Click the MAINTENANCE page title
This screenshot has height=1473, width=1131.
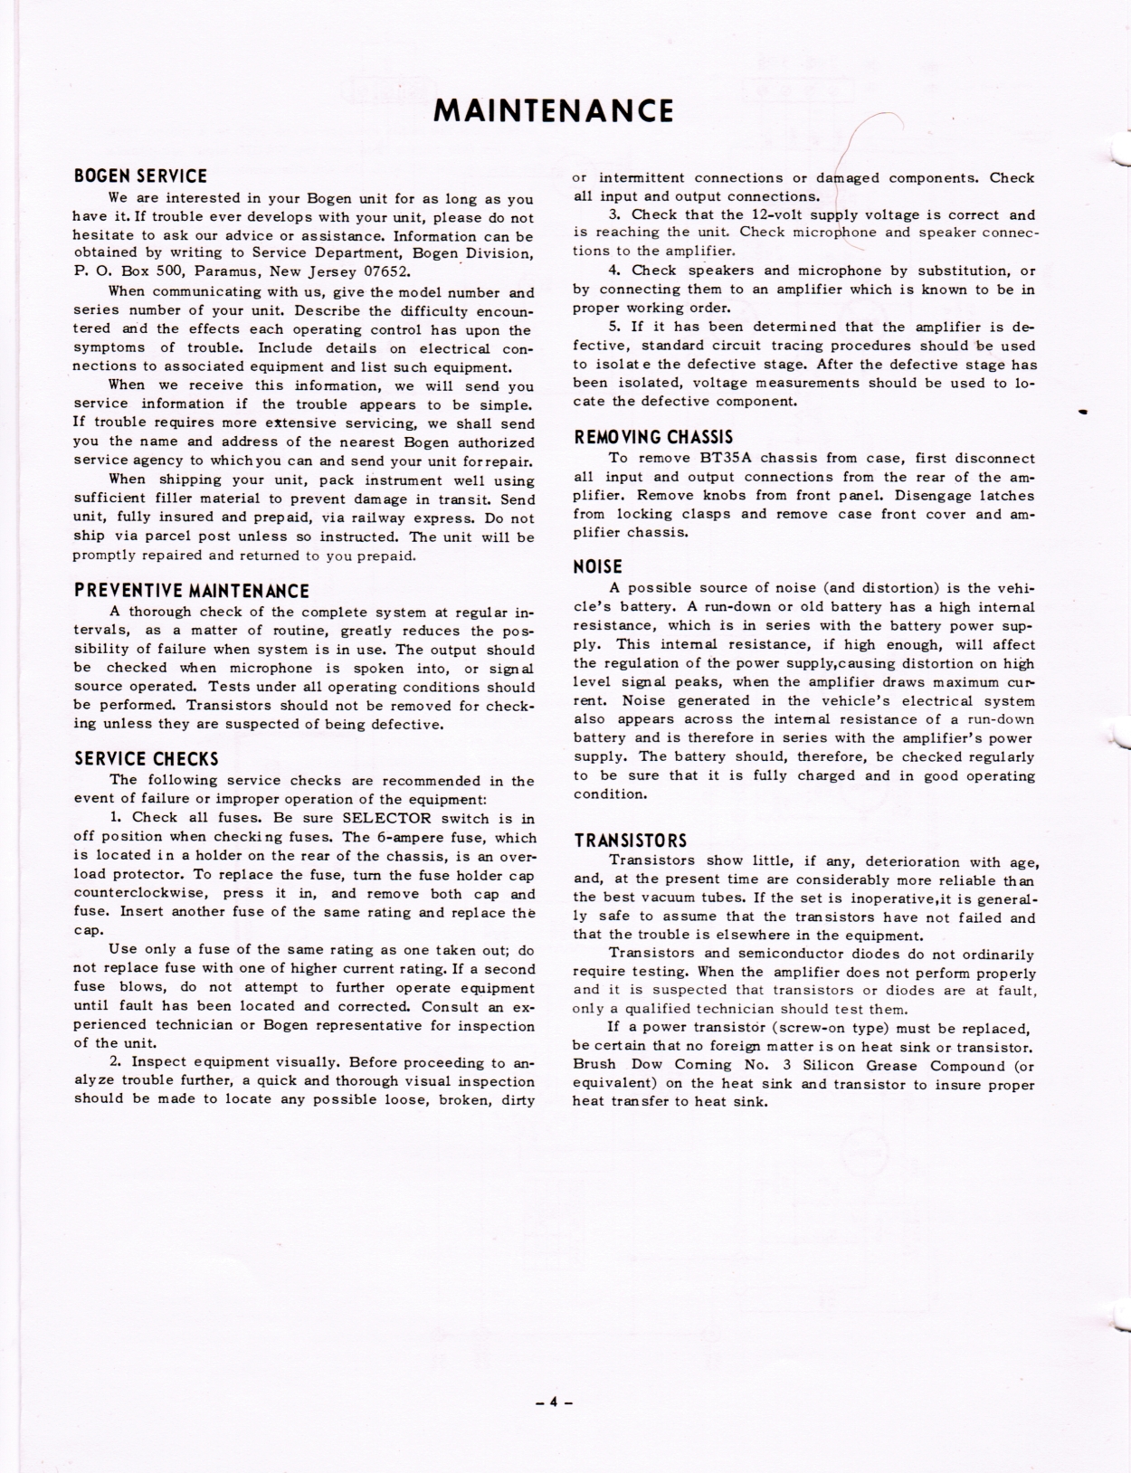(x=554, y=110)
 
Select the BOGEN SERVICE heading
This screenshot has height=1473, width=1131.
(x=140, y=176)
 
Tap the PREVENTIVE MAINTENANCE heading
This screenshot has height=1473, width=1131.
(x=191, y=591)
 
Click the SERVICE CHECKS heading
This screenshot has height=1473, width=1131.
(x=146, y=758)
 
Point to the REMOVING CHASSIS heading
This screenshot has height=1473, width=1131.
(x=653, y=437)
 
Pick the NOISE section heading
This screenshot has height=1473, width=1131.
(x=598, y=567)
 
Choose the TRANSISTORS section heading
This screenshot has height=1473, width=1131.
(x=631, y=840)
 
